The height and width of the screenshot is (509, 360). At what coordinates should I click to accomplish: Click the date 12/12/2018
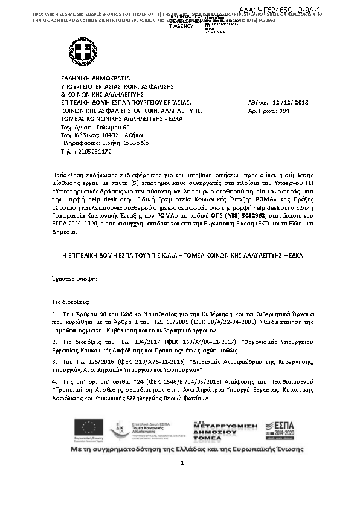pyautogui.click(x=291, y=103)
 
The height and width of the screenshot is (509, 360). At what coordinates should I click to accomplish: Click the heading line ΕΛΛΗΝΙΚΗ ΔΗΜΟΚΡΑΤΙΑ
pyautogui.click(x=95, y=79)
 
